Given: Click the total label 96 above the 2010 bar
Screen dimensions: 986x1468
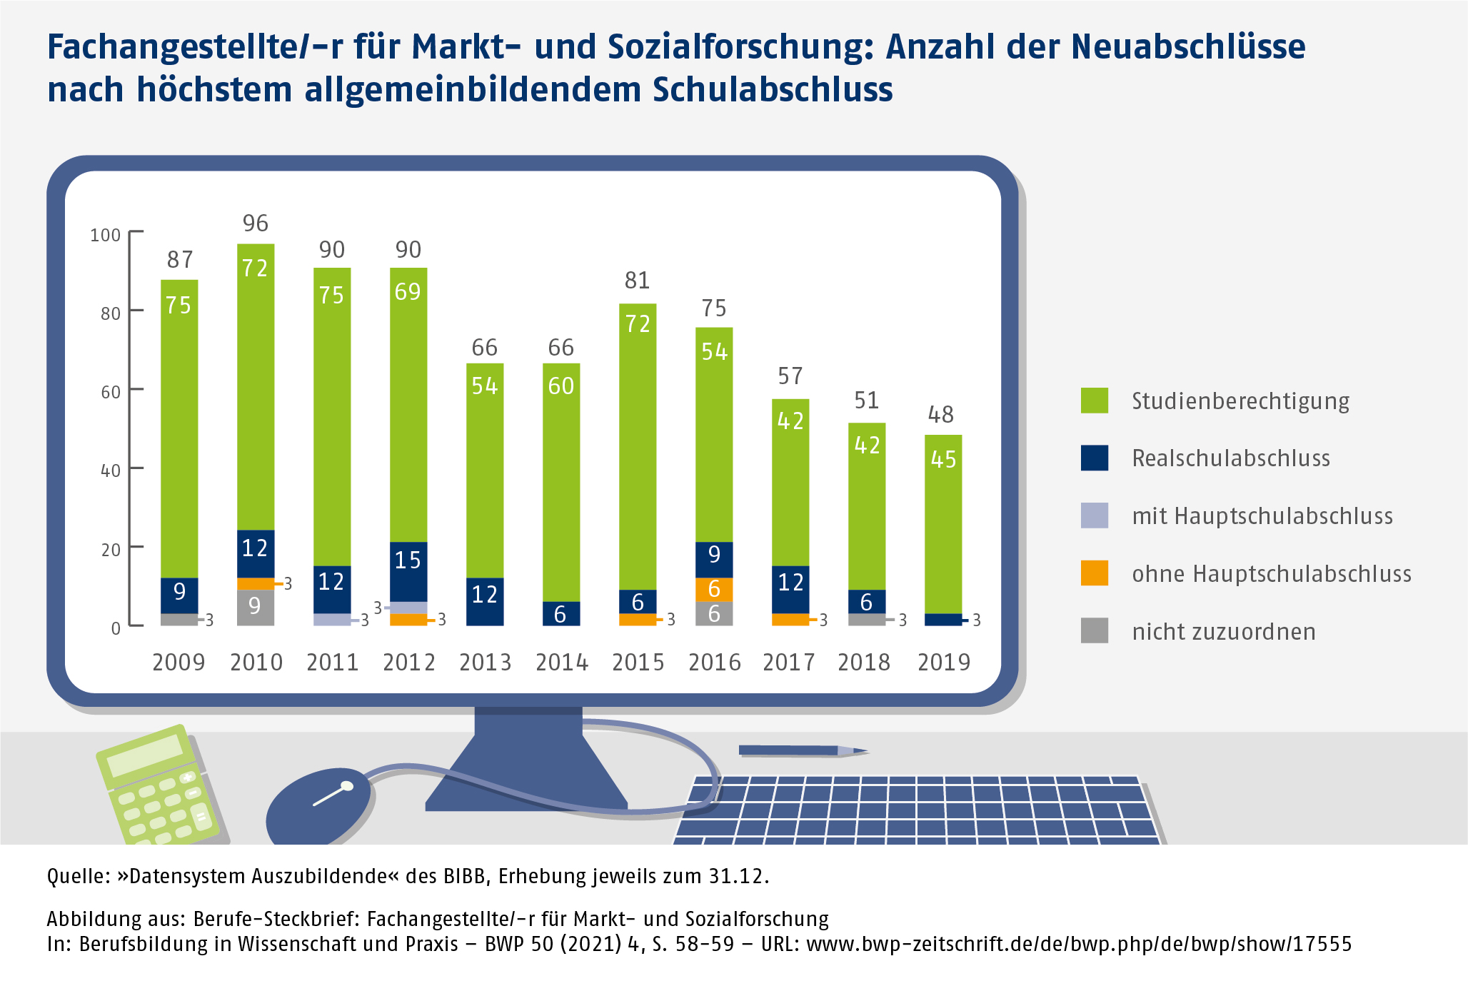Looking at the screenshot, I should click(x=255, y=223).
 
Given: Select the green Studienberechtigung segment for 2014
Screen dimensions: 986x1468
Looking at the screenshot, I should click(x=561, y=486).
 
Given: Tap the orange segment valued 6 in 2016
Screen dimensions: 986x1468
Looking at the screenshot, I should click(x=714, y=589).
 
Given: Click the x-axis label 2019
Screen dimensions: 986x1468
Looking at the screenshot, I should click(x=944, y=663).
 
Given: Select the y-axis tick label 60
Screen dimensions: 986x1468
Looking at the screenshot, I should click(x=111, y=392).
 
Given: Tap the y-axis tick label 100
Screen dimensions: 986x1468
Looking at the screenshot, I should click(x=106, y=235).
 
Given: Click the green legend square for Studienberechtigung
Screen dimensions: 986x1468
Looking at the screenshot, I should click(x=1094, y=401).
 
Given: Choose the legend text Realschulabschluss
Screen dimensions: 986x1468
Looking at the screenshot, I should click(x=1231, y=458).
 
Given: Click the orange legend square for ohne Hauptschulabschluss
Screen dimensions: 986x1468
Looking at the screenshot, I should click(x=1094, y=573).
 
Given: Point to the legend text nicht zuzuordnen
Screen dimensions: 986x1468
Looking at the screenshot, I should click(x=1224, y=632).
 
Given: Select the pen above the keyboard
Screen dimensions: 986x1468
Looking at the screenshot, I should click(x=800, y=750).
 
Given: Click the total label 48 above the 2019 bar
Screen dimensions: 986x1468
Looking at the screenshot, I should click(x=940, y=415).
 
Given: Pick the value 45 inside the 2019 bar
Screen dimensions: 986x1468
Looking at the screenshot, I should click(x=943, y=459).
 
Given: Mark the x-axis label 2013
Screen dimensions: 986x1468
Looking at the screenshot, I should click(x=485, y=663).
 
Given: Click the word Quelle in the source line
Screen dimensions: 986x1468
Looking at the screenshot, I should click(x=77, y=876).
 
